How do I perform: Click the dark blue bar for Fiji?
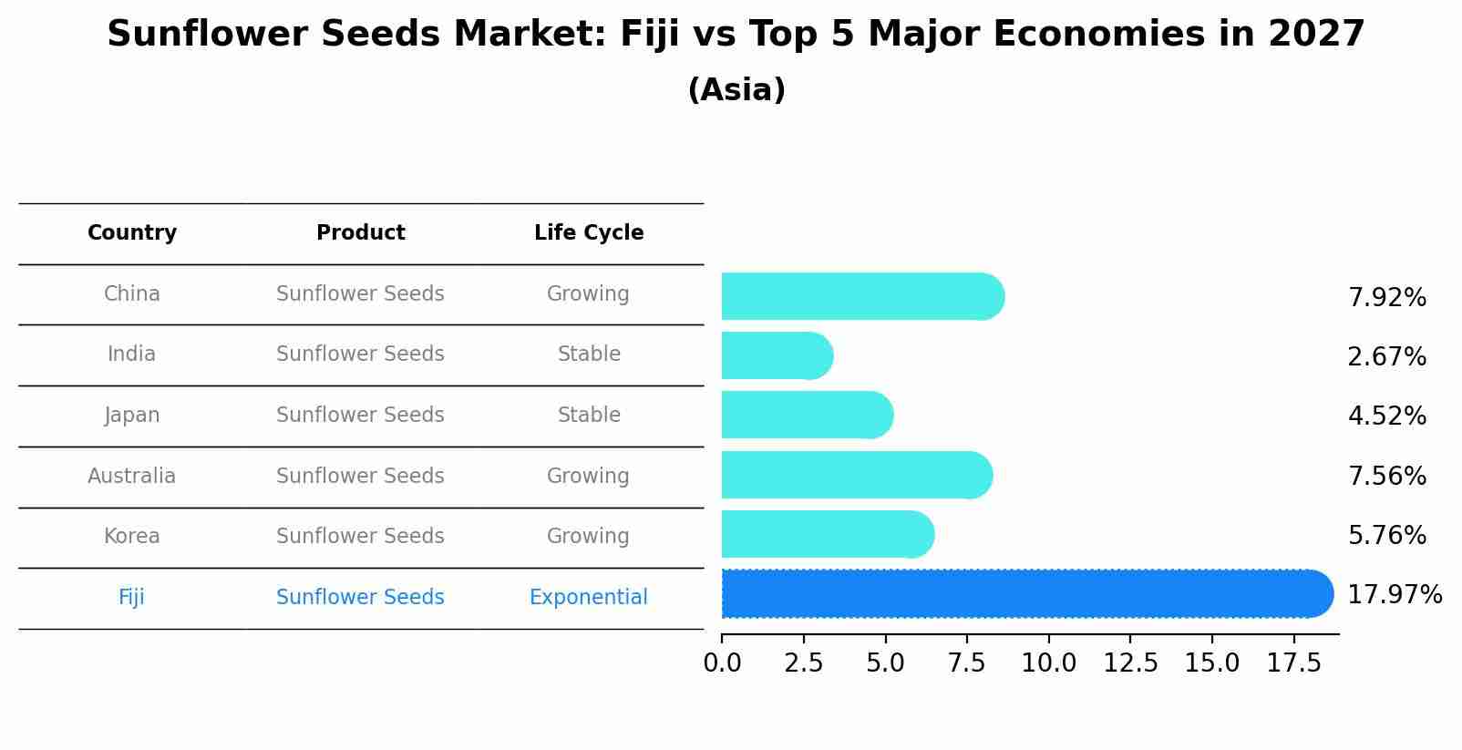1025,594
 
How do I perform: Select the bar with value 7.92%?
861,296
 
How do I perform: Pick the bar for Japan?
807,416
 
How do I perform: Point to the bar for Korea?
827,534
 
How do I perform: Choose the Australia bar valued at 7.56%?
856,475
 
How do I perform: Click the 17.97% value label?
1394,595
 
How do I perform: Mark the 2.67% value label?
1386,357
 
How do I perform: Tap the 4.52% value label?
1386,416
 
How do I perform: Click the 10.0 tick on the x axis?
1048,663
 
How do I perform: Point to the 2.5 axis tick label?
803,663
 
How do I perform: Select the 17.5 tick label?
1293,663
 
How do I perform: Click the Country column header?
132,233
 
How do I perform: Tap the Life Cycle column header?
589,233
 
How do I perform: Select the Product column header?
360,233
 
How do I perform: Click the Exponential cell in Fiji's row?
588,598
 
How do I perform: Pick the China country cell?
132,294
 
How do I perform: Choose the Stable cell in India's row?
589,354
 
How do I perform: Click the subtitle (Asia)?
736,90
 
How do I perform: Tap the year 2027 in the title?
1315,35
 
